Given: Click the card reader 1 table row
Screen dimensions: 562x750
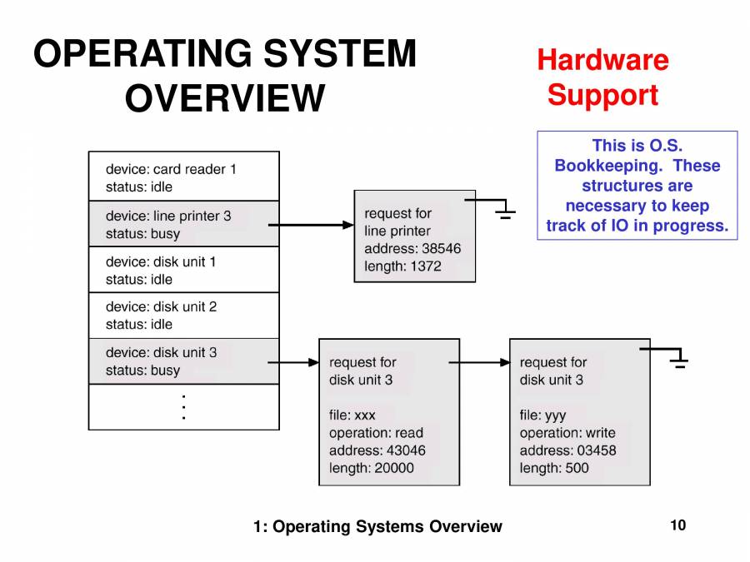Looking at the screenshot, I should (x=183, y=177).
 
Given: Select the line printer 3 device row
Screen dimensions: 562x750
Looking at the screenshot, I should (x=183, y=224).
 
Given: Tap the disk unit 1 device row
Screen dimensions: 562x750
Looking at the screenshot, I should (x=183, y=270).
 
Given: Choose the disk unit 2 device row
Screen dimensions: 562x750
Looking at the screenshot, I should (x=183, y=316).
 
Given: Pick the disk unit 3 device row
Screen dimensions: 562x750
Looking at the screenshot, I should (x=183, y=361).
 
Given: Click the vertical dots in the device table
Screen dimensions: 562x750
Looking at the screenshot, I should (x=183, y=406).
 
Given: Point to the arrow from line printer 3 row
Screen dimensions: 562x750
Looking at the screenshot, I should (x=312, y=225).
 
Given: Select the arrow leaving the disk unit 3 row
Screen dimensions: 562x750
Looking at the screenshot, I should (x=293, y=362).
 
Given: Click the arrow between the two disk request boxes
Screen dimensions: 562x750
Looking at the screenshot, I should (x=479, y=362).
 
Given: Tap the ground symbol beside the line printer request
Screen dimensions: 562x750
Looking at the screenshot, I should (x=504, y=212).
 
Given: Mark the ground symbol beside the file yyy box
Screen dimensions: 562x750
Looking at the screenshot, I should (x=680, y=361).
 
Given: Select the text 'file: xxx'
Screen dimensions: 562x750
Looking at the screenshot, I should (x=352, y=415).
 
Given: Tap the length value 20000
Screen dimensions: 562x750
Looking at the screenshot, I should (x=394, y=468).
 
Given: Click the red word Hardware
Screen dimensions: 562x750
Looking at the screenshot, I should (x=602, y=60).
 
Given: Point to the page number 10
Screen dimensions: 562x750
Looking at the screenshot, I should (x=677, y=525).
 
